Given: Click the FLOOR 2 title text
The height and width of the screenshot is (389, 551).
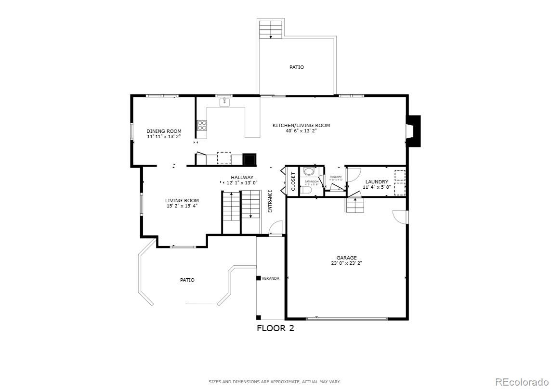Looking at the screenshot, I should click(275, 329).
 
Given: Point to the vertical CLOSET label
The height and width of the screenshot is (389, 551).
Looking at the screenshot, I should click(293, 182).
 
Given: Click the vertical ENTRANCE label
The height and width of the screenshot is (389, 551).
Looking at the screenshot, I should click(270, 201).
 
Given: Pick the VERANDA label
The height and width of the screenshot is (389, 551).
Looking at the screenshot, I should click(270, 278).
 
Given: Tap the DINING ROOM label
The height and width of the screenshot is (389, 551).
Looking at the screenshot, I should click(164, 131).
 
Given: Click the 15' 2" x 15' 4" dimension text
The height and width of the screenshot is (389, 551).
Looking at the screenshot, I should click(182, 206).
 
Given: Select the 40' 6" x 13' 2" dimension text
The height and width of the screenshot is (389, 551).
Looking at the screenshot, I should click(301, 130).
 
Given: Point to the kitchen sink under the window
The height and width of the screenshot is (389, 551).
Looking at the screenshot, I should click(224, 102).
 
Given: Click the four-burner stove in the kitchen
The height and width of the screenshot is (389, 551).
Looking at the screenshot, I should click(202, 125).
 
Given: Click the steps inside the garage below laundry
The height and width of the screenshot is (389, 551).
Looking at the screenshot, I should click(355, 206).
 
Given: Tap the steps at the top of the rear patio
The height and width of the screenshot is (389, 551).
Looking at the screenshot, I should click(271, 29).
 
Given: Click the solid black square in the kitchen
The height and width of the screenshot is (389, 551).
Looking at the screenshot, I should click(249, 159).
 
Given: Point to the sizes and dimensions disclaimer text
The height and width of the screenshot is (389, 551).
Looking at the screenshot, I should click(275, 382).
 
